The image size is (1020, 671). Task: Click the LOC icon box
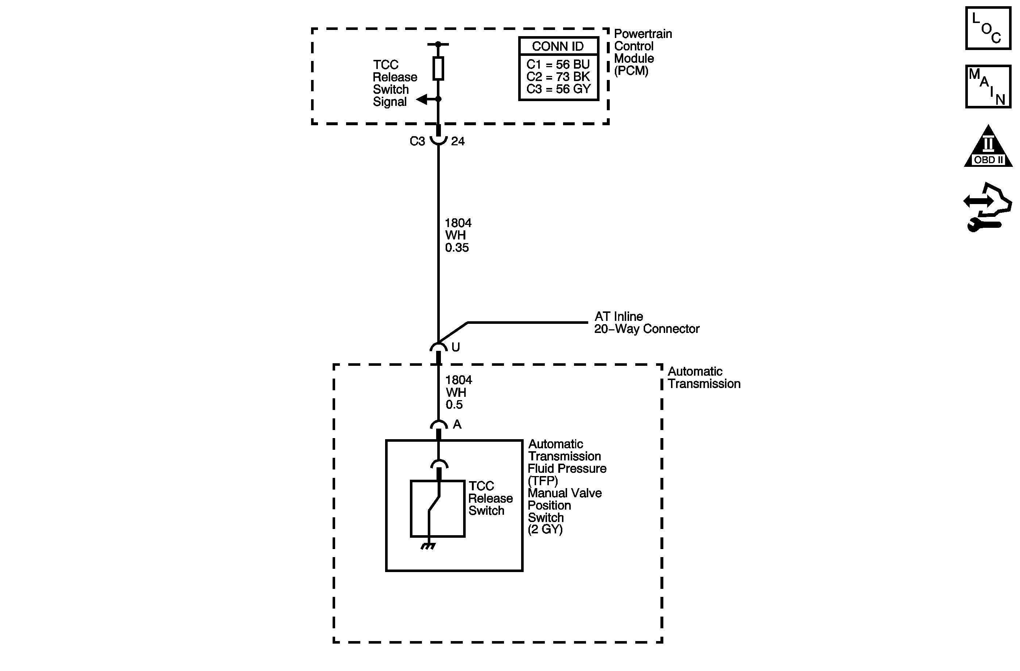click(988, 29)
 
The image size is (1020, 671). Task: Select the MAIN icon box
click(988, 87)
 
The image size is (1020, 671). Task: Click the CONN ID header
click(558, 46)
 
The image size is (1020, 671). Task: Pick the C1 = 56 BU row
click(558, 65)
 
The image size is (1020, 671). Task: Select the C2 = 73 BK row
click(558, 77)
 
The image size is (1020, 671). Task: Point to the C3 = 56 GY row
click(558, 89)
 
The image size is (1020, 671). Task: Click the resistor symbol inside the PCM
click(438, 68)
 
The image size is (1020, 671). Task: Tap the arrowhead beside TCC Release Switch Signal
click(423, 100)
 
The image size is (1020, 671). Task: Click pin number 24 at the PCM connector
click(458, 141)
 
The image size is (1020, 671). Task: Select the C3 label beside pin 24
click(417, 141)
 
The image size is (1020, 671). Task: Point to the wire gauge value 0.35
click(457, 248)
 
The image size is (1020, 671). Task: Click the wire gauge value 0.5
click(454, 404)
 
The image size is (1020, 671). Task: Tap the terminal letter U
click(455, 347)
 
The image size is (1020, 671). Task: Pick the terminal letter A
click(457, 424)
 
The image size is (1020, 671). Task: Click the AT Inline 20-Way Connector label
click(646, 323)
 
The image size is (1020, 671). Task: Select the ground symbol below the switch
click(428, 546)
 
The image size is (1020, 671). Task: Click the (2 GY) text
click(545, 529)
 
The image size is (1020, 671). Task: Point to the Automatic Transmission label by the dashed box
click(704, 377)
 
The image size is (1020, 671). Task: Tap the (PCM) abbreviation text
click(631, 71)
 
